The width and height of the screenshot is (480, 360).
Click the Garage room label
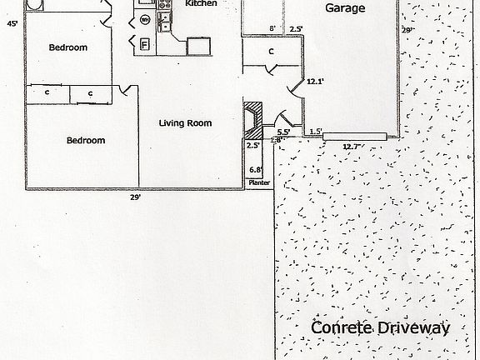(x=343, y=8)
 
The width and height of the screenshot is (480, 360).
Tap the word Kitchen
(x=201, y=3)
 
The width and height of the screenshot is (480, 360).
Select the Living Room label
(x=185, y=123)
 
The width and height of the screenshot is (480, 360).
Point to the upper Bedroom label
(x=67, y=47)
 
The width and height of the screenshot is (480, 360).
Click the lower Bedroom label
(x=86, y=141)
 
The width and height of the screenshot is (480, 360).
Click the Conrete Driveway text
(x=380, y=327)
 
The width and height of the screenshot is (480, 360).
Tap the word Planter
(x=259, y=185)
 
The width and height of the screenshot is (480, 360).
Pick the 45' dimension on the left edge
(x=12, y=25)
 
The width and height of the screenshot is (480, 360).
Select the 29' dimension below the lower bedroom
(x=134, y=197)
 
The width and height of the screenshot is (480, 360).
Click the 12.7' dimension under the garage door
(x=352, y=146)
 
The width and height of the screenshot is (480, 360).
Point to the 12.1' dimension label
(x=315, y=82)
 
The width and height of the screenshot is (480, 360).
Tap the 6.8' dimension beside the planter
(x=257, y=172)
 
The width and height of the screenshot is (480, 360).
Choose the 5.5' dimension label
(x=283, y=132)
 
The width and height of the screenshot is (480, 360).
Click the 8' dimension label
(x=272, y=29)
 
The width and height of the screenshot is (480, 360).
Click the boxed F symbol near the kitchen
(x=144, y=44)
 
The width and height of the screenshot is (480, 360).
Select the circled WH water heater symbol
(x=145, y=19)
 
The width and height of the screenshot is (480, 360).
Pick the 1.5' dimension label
(x=316, y=132)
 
